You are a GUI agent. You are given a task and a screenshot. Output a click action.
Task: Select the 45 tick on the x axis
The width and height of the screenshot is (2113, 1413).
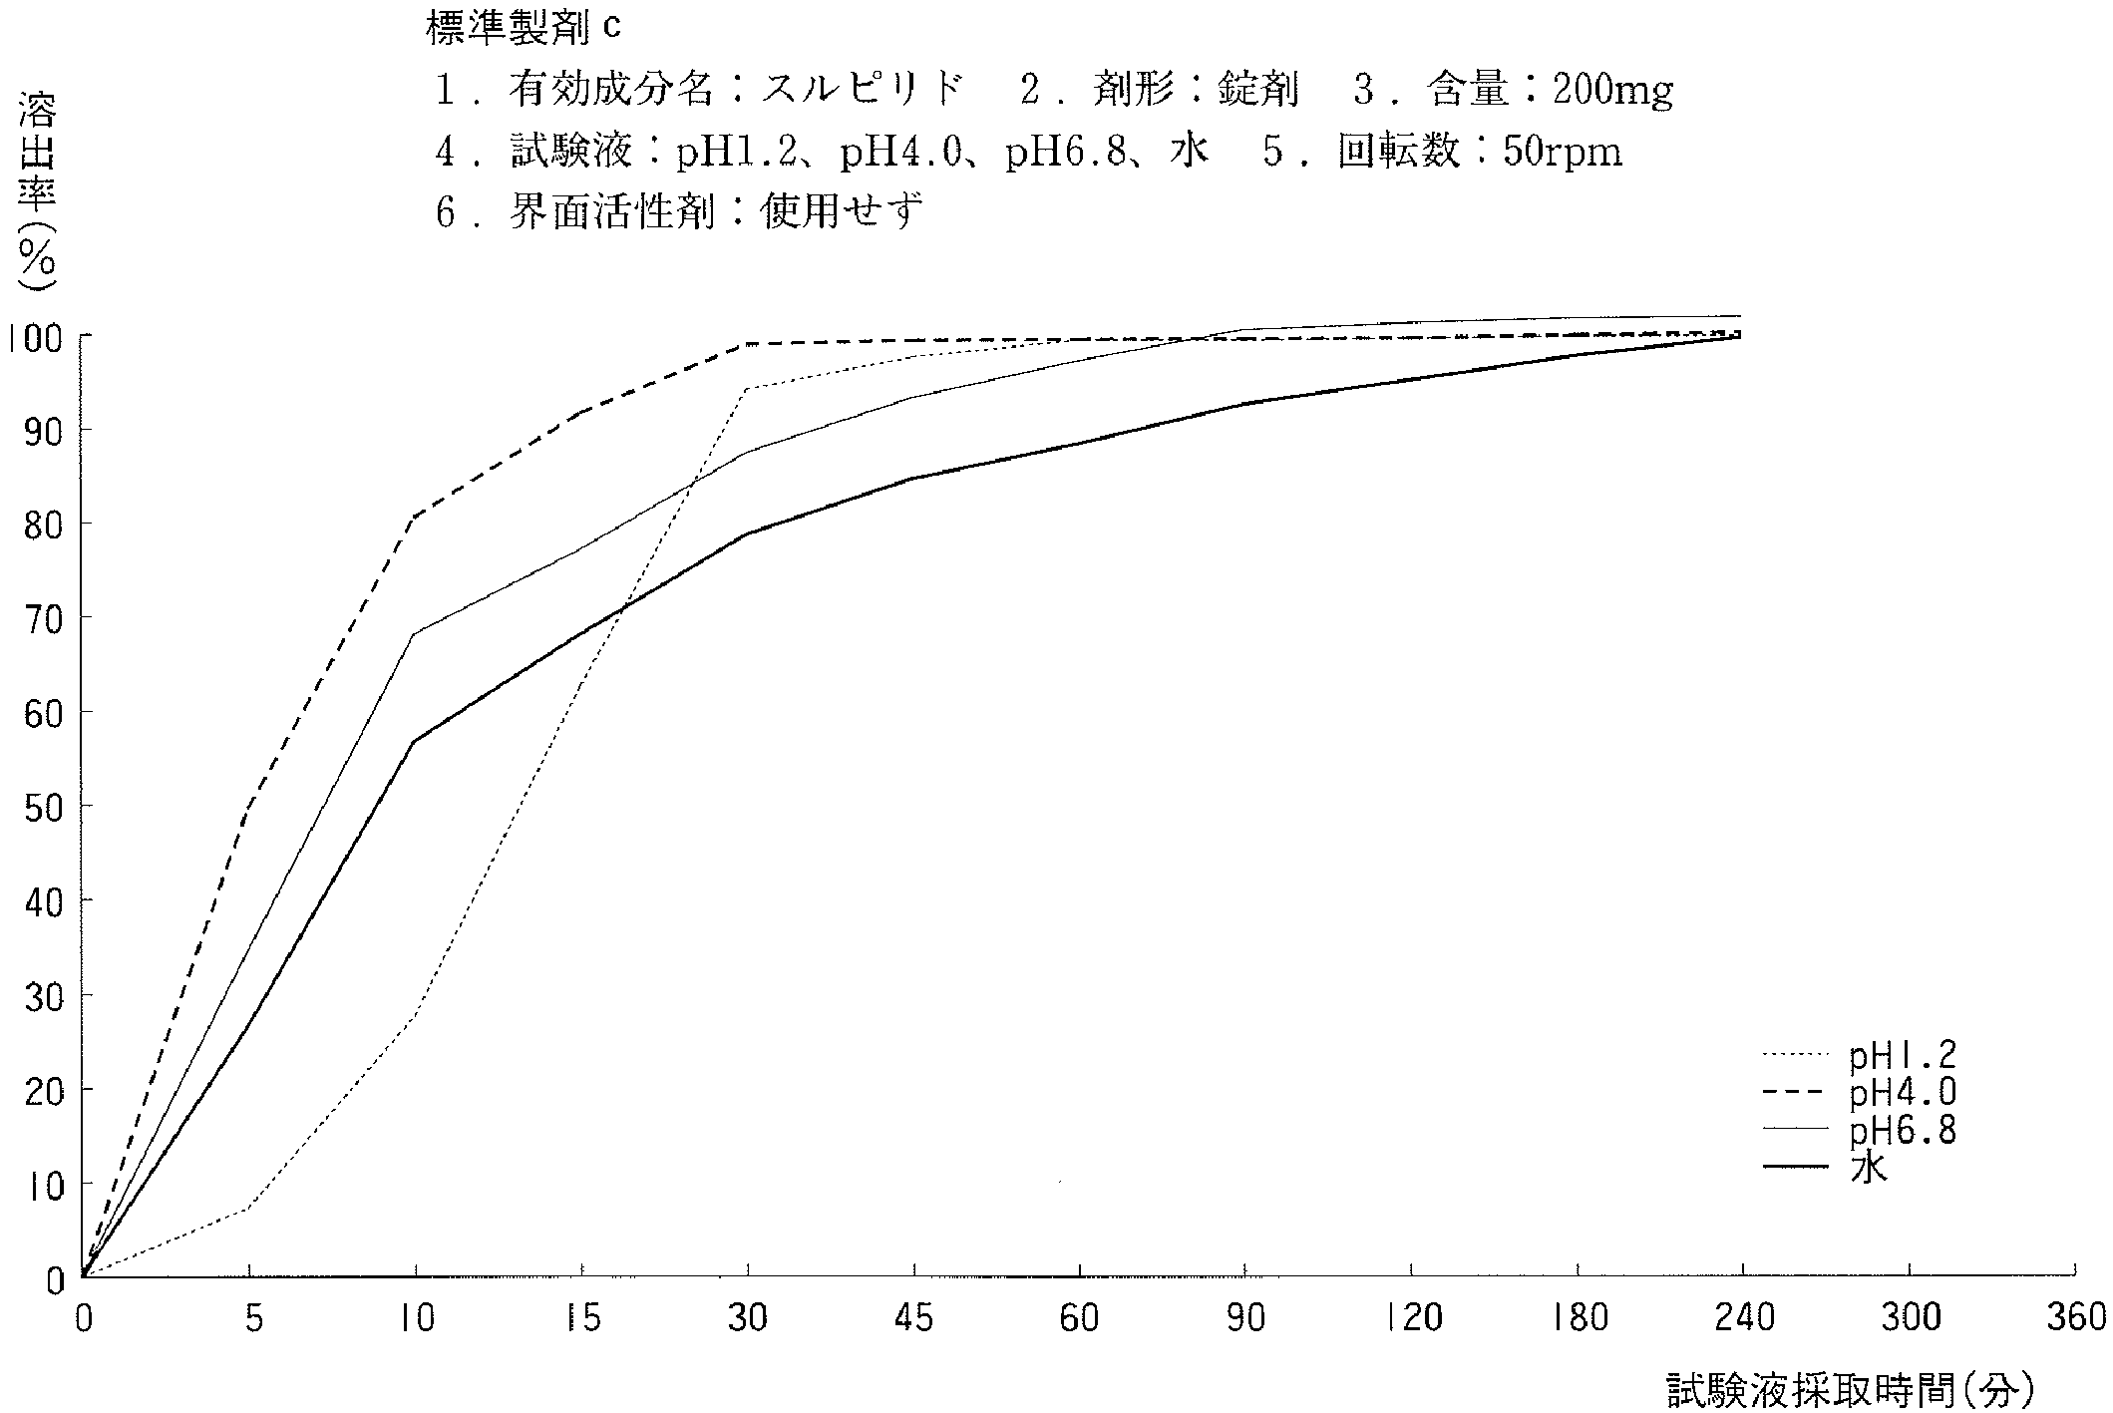[x=913, y=1318]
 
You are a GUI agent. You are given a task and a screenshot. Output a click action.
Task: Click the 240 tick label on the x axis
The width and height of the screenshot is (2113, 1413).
[x=1743, y=1318]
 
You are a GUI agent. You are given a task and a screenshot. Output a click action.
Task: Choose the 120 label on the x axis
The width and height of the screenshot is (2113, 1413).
[x=1413, y=1318]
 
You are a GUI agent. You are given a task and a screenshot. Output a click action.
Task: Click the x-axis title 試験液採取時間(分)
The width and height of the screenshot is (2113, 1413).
[x=1850, y=1389]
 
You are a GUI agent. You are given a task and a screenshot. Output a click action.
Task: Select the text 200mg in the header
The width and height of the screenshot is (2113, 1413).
[x=1598, y=91]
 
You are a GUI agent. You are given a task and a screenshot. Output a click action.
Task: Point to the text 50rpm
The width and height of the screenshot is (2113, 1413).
[x=1563, y=153]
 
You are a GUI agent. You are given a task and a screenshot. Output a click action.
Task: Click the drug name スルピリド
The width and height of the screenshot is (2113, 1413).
[x=863, y=91]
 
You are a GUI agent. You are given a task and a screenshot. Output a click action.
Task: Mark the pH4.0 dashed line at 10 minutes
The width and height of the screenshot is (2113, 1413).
[x=415, y=515]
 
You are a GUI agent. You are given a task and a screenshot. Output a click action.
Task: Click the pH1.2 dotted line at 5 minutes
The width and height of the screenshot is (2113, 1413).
[x=248, y=1208]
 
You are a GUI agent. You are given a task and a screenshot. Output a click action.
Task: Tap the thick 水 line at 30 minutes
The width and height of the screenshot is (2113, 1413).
[x=748, y=533]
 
